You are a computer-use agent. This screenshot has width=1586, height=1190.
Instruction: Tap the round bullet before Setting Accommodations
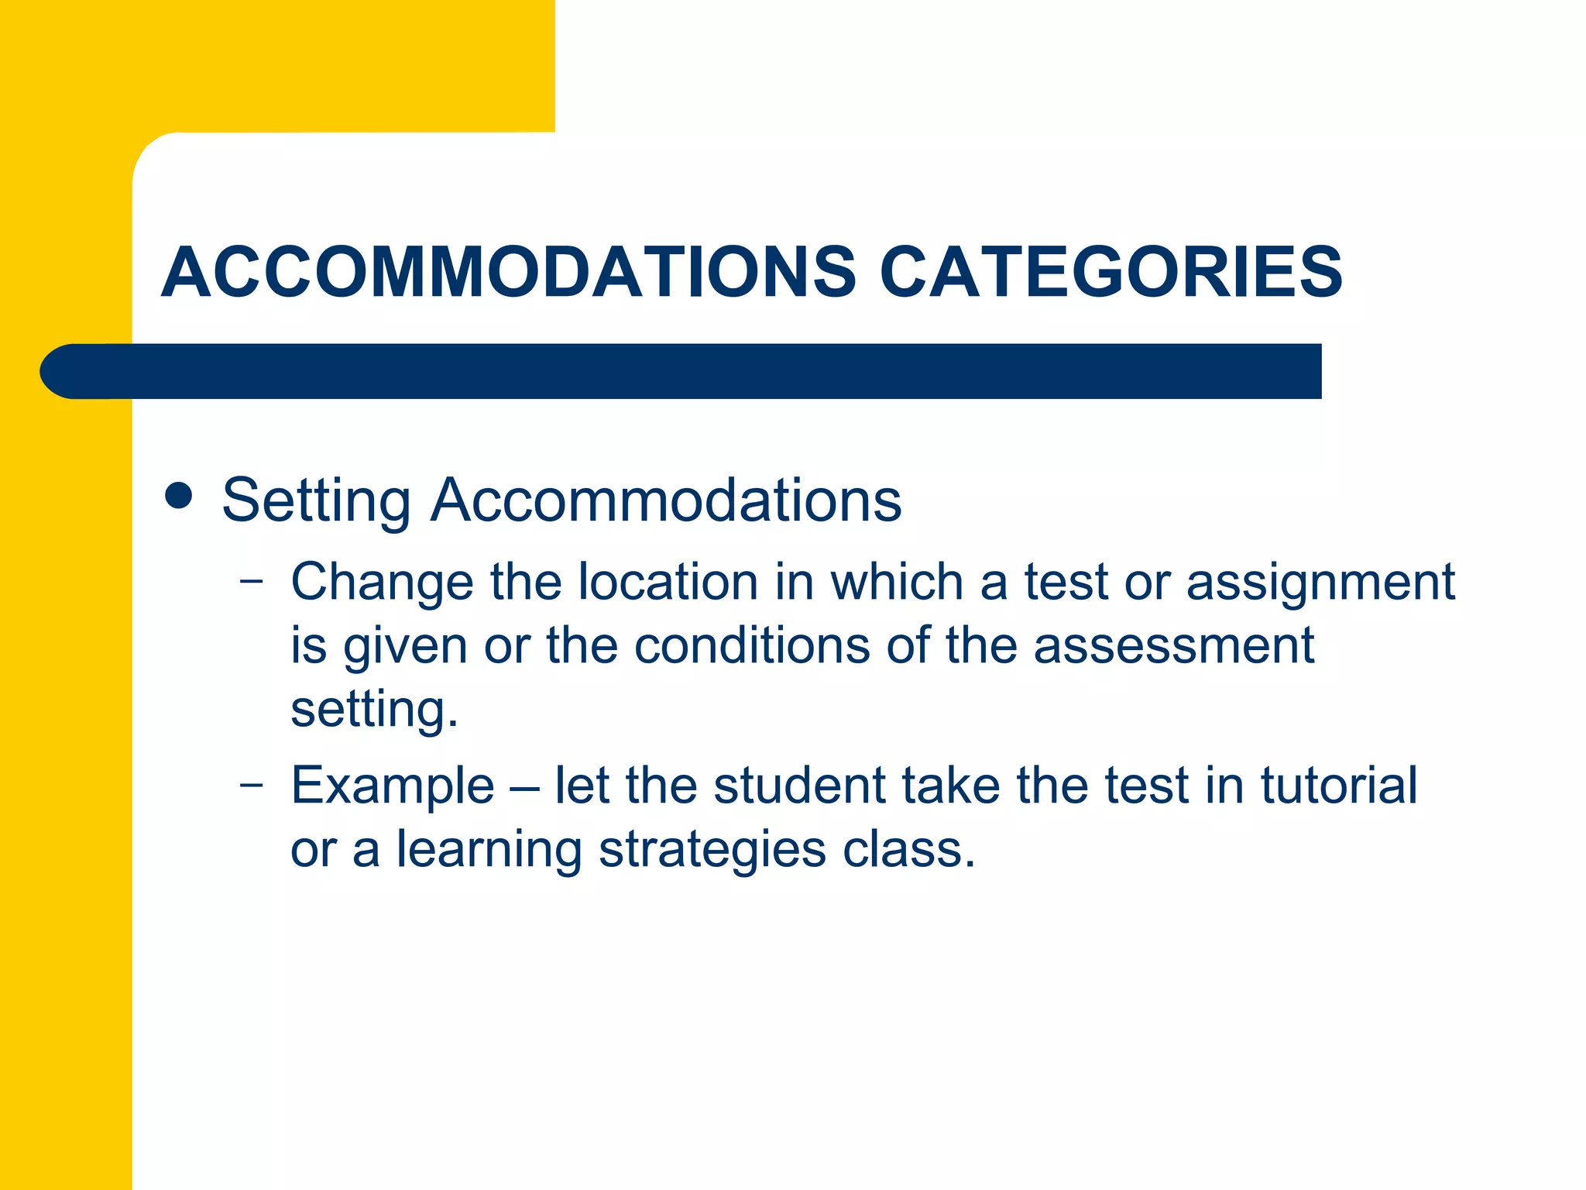[179, 496]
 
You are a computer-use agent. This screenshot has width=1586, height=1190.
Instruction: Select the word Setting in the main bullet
[316, 501]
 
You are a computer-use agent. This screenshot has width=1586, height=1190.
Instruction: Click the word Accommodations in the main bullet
[666, 500]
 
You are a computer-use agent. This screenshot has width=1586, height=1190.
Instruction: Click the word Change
[382, 582]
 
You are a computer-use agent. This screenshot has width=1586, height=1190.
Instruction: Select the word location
[668, 582]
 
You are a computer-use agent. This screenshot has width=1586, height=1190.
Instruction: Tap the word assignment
[1320, 583]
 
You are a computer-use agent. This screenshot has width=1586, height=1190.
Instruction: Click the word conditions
[752, 645]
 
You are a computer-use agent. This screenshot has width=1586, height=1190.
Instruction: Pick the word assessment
[1173, 645]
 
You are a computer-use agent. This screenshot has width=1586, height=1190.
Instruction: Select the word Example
[393, 787]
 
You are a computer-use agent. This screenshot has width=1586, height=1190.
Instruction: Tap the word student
[798, 786]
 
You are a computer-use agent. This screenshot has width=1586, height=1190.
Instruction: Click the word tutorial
[1339, 786]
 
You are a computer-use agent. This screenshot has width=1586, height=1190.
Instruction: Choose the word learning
[489, 851]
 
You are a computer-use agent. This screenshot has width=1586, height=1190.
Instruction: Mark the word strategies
[712, 851]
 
